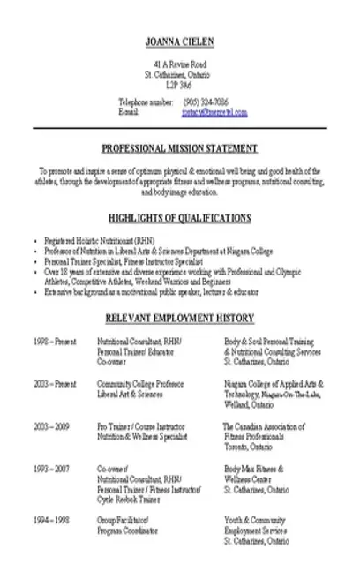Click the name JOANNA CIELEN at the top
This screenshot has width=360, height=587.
pos(180,41)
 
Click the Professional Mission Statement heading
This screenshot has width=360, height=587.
pos(180,147)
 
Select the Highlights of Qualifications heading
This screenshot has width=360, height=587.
pos(180,217)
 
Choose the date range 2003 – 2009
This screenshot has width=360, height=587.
pos(53,425)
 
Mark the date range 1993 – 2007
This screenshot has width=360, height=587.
pos(53,469)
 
